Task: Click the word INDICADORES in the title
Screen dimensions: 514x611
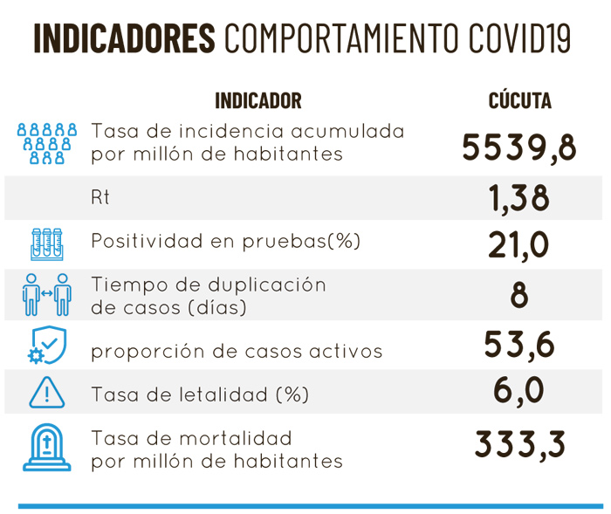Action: coord(123,38)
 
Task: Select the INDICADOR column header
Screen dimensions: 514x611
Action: coord(258,100)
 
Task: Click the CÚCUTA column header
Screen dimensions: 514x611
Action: coord(519,100)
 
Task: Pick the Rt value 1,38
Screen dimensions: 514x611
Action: coord(519,199)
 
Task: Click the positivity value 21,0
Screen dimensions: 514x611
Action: coord(519,243)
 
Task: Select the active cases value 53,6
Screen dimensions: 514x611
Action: coord(519,346)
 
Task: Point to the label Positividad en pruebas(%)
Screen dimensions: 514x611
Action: coord(226,242)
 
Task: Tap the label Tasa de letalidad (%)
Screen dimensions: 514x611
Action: coord(200,394)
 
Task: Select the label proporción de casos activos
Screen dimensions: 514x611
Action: coord(237,352)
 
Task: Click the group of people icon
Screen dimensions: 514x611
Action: coord(47,144)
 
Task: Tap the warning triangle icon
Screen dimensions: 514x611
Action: coord(47,393)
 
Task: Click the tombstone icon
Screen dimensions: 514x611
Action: coord(47,447)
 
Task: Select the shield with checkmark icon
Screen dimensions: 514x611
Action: coord(47,346)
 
